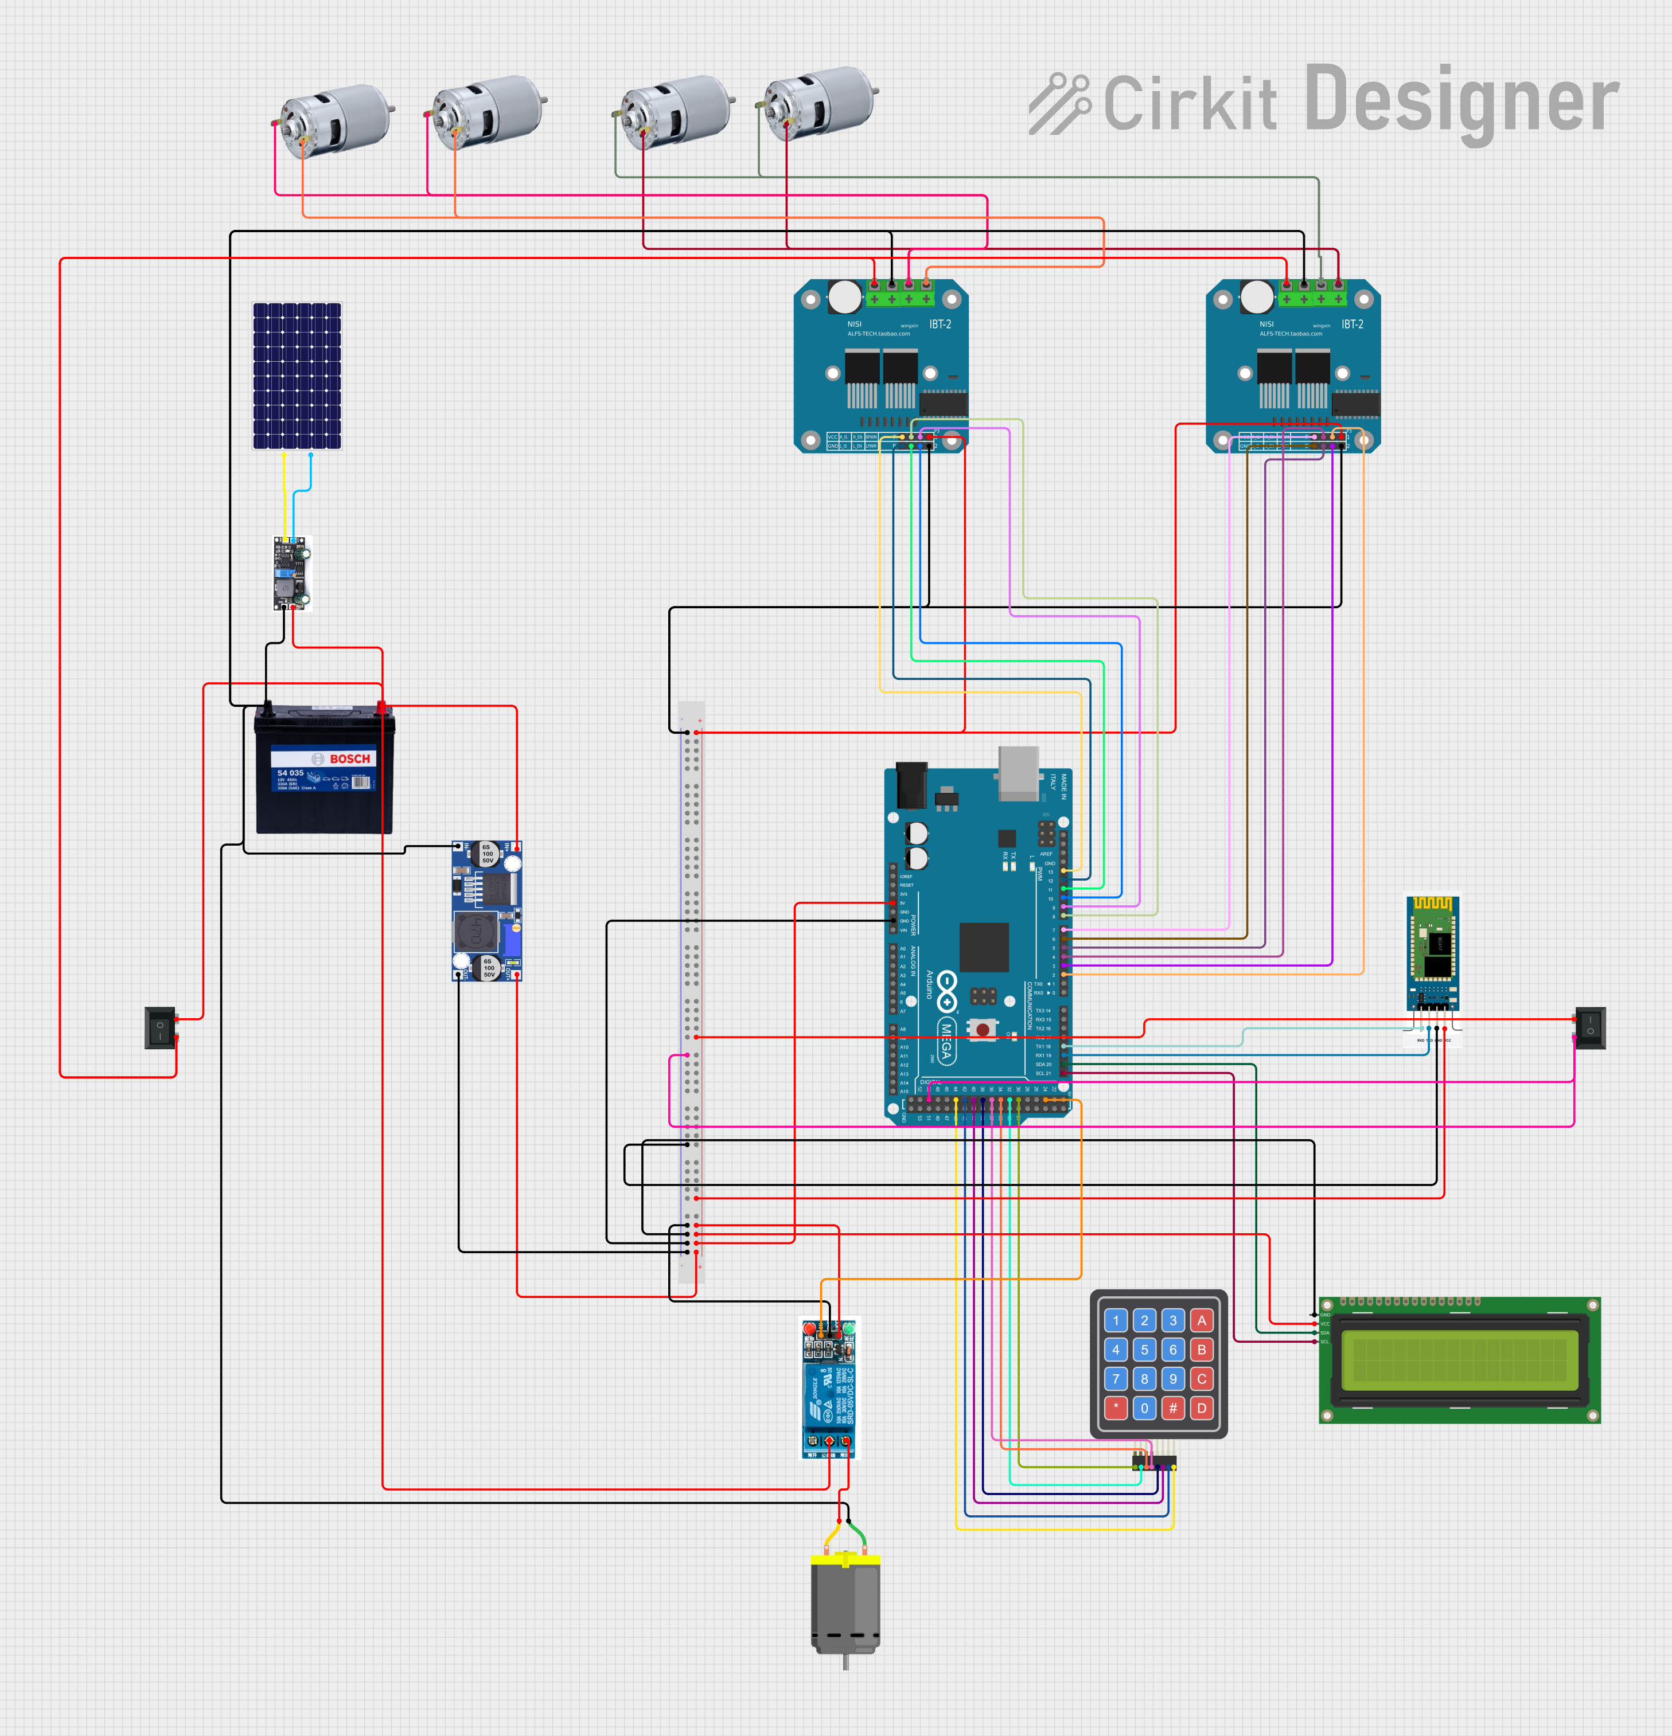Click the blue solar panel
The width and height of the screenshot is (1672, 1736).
click(x=297, y=377)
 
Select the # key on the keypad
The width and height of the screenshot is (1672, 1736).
click(x=1173, y=1407)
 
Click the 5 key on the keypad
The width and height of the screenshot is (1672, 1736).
click(x=1144, y=1350)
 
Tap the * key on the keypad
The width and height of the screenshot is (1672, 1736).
click(x=1116, y=1407)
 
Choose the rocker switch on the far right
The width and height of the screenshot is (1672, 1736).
click(x=1589, y=1027)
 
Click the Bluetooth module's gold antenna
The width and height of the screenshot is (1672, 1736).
click(x=1433, y=904)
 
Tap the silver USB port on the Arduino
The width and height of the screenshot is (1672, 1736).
click(x=1018, y=772)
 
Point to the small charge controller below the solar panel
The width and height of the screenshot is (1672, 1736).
click(x=291, y=573)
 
